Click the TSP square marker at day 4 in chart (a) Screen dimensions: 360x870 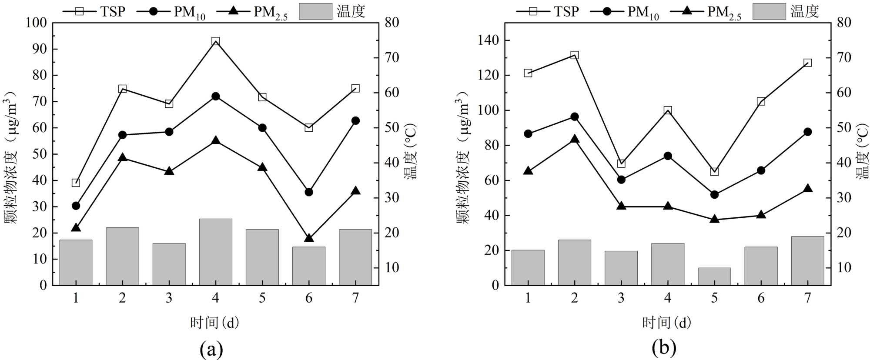pos(215,41)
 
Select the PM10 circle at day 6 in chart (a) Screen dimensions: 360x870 pos(309,192)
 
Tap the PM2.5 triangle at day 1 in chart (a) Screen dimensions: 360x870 pos(76,227)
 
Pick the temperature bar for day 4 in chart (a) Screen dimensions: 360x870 pos(215,252)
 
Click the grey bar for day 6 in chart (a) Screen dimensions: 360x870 pos(309,266)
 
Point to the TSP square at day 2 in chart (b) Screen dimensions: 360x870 pos(574,55)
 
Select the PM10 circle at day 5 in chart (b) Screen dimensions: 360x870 pos(714,194)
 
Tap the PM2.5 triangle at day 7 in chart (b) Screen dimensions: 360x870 pos(807,188)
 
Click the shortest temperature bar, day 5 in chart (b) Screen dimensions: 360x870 pos(714,277)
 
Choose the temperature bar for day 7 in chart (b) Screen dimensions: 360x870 pos(807,261)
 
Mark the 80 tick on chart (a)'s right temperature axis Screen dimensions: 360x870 pos(391,23)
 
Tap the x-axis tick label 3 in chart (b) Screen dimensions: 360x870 pos(621,298)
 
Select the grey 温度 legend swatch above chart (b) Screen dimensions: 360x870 pos(769,11)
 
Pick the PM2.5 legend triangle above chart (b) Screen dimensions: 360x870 pos(687,10)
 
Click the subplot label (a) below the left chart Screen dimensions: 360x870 pos(211,349)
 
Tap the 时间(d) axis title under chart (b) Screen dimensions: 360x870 pos(666,323)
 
